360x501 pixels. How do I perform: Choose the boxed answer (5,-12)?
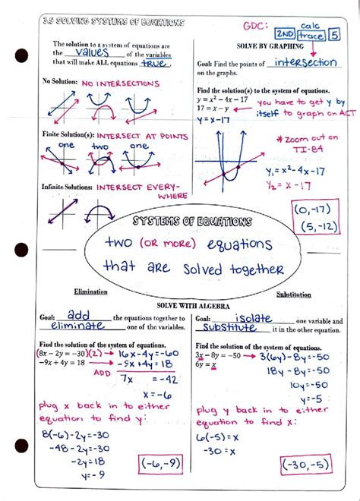[314, 226]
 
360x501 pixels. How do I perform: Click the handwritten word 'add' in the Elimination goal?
[79, 314]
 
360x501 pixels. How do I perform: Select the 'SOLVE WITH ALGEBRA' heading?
[182, 304]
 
